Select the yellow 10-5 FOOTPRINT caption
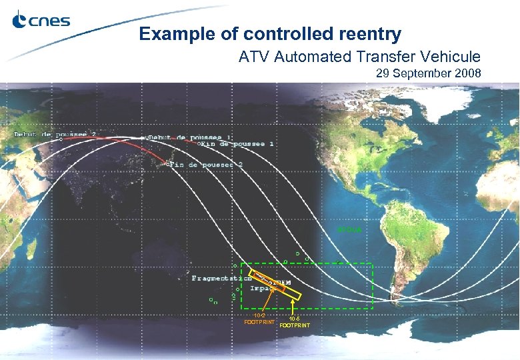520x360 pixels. (x=294, y=323)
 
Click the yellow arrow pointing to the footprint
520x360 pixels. (x=295, y=307)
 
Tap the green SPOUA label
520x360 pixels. (x=349, y=230)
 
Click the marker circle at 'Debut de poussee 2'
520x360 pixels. (x=61, y=139)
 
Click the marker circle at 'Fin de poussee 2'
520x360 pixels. (x=168, y=163)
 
